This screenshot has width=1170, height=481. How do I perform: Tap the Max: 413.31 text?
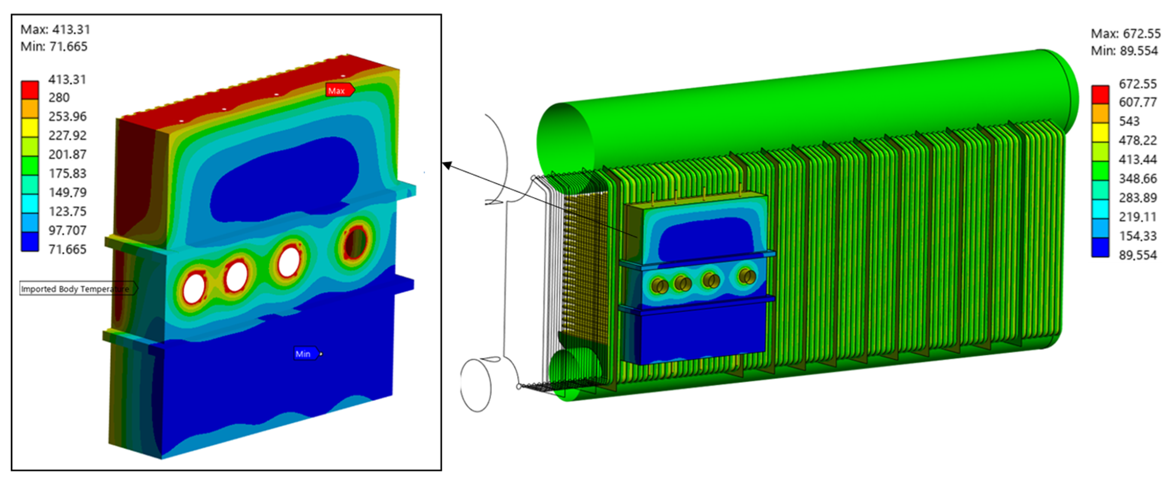pos(56,30)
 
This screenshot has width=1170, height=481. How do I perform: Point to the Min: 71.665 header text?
pos(54,46)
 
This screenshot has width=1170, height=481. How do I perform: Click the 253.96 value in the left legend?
pos(67,117)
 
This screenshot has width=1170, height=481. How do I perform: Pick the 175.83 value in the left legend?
pos(67,173)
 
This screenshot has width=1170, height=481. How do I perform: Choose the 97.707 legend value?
pos(67,230)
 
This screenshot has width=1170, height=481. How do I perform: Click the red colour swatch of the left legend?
pos(30,90)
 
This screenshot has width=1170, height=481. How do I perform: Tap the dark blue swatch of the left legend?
pos(30,241)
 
